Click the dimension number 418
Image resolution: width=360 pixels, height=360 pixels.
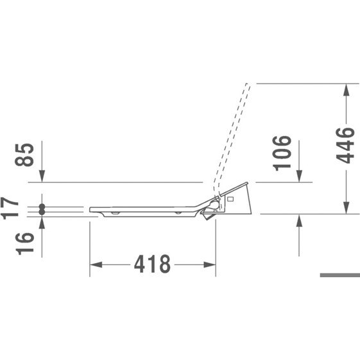pos(152,264)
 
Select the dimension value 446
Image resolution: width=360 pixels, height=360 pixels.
pos(345,145)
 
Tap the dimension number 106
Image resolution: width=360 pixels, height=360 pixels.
pos(282,153)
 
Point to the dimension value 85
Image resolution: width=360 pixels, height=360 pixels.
pos(24,155)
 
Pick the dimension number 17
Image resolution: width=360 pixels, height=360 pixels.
pos(9,208)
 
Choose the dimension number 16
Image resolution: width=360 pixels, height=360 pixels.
pos(24,244)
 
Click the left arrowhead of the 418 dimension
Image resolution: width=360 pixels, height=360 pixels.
pos(96,264)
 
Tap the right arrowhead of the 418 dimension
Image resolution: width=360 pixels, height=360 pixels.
pos(210,264)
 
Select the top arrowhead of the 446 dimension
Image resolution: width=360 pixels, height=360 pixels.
pos(347,90)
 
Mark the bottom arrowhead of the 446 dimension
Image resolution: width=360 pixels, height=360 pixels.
pos(347,208)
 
